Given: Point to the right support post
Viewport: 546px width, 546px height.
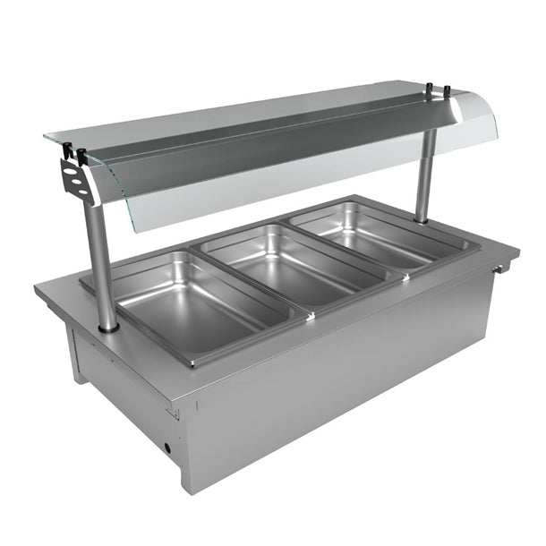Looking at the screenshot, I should (x=427, y=175).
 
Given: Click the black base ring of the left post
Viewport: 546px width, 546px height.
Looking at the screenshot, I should (x=108, y=329).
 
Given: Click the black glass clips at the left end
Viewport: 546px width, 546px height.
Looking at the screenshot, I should (x=79, y=154).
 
